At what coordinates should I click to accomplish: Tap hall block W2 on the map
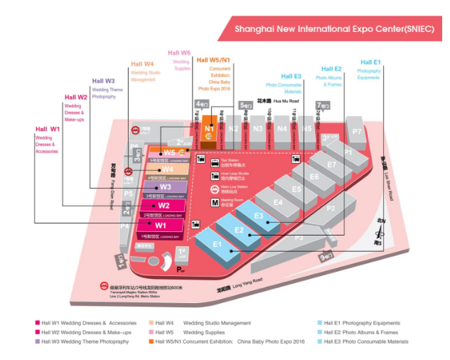click(x=163, y=206)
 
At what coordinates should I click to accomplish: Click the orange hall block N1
click(x=208, y=129)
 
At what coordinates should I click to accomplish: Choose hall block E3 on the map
click(x=259, y=216)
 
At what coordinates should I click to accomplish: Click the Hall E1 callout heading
click(x=370, y=63)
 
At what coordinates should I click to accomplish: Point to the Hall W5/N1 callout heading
click(x=213, y=60)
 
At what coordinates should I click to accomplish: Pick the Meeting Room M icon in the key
click(x=214, y=201)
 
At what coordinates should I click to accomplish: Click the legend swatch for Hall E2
click(x=321, y=332)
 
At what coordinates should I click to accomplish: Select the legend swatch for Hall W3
click(x=37, y=342)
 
